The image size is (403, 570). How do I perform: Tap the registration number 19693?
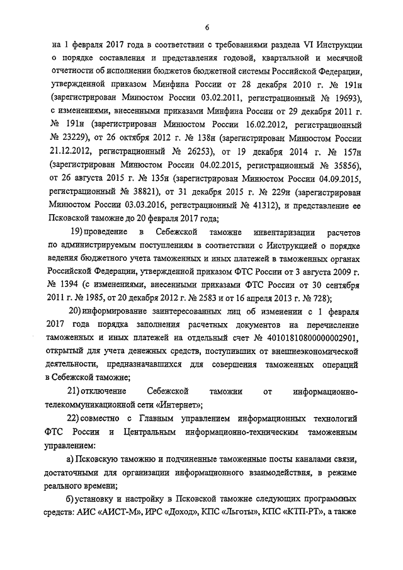coord(339,99)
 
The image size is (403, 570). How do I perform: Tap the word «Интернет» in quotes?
coord(178,404)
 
